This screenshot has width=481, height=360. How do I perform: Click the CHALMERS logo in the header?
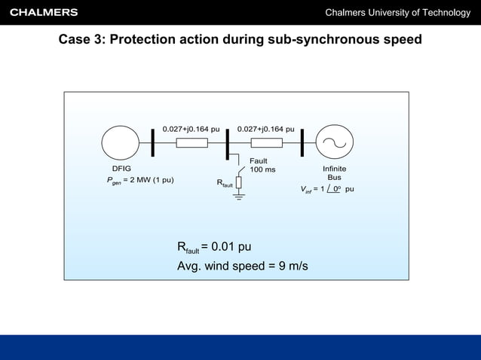(44, 12)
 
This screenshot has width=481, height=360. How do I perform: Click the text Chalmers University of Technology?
(397, 13)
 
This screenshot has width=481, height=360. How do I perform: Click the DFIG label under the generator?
(121, 169)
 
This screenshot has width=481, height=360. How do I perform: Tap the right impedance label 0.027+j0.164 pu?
(265, 129)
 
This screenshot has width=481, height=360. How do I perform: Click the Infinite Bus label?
(334, 173)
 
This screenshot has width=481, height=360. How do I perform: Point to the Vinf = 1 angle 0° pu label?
(328, 189)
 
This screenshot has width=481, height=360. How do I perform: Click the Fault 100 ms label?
(262, 165)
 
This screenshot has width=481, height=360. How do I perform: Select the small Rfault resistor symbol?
(239, 183)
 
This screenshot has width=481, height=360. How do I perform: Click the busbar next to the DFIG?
(153, 143)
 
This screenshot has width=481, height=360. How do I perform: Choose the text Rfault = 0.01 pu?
(214, 248)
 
